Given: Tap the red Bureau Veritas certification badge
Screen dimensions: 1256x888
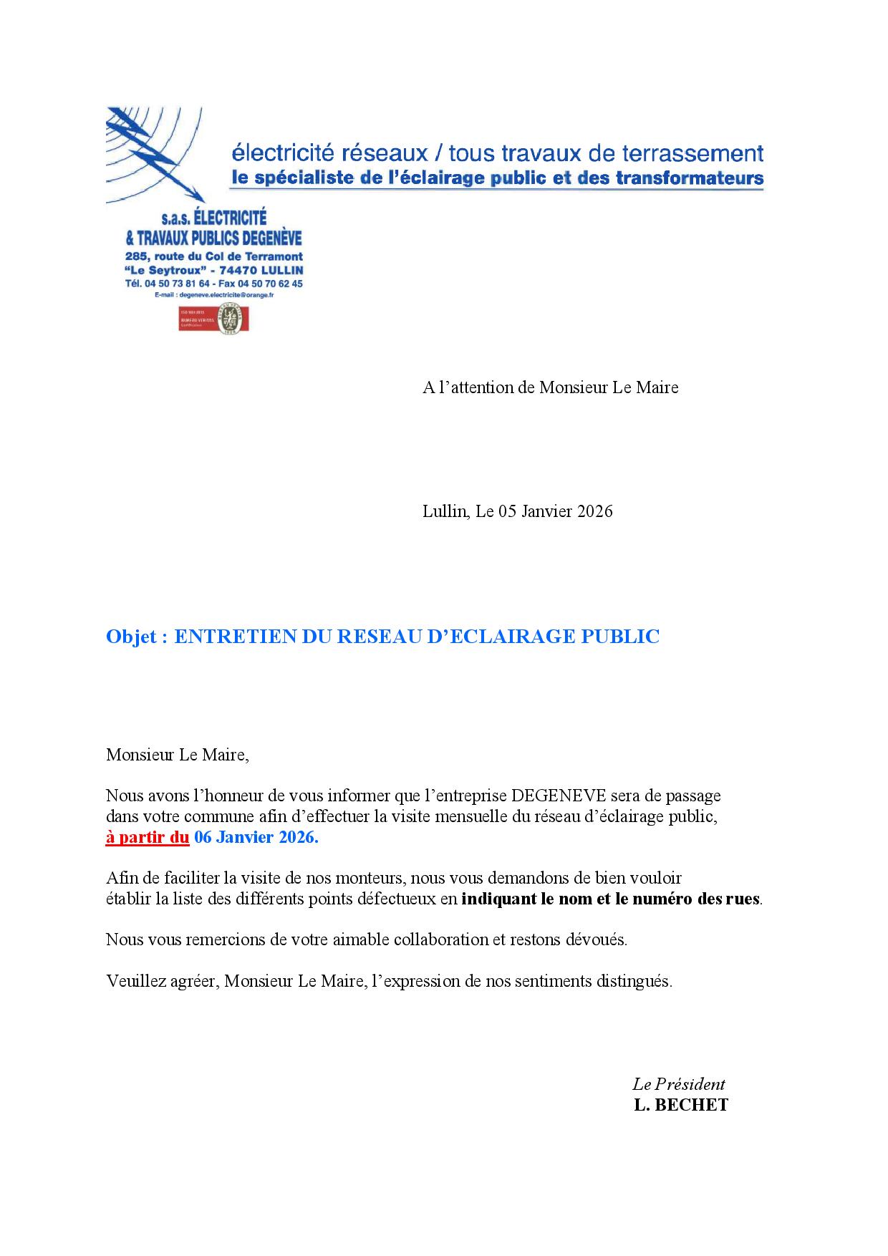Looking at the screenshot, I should (x=213, y=319).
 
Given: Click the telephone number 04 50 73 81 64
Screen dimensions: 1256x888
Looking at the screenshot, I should (x=177, y=284).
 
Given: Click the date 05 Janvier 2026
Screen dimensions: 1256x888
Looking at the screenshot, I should (x=551, y=511).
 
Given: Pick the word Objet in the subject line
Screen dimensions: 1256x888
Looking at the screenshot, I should (x=131, y=637).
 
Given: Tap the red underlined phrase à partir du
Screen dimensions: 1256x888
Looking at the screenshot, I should (x=148, y=837).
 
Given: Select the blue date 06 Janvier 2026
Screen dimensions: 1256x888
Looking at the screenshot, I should (x=256, y=837).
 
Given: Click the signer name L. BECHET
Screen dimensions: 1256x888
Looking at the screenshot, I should (x=680, y=1105).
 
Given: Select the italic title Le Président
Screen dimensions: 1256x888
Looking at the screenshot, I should (x=678, y=1084).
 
